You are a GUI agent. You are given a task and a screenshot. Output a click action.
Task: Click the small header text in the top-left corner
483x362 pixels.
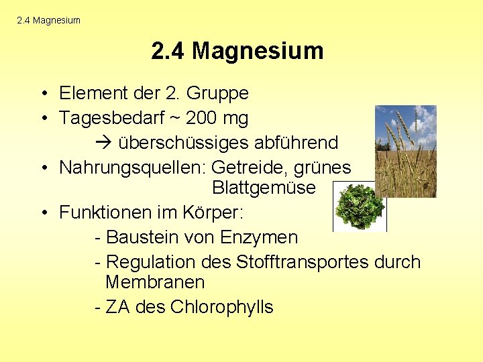coord(48,20)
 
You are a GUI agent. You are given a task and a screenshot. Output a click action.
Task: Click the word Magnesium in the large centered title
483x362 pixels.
coord(258,51)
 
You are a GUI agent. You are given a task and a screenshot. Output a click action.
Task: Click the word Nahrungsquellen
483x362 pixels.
coord(132,168)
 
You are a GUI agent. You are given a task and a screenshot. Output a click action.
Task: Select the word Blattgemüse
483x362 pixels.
coord(263,188)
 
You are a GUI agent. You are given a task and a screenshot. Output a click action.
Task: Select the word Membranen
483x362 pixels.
coord(155,282)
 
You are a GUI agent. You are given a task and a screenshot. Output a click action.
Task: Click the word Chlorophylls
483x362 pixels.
coord(222,307)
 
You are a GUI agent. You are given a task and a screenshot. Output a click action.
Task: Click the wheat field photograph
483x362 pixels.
coord(405,151)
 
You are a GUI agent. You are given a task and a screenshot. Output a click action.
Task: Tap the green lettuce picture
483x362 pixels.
coord(360,206)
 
